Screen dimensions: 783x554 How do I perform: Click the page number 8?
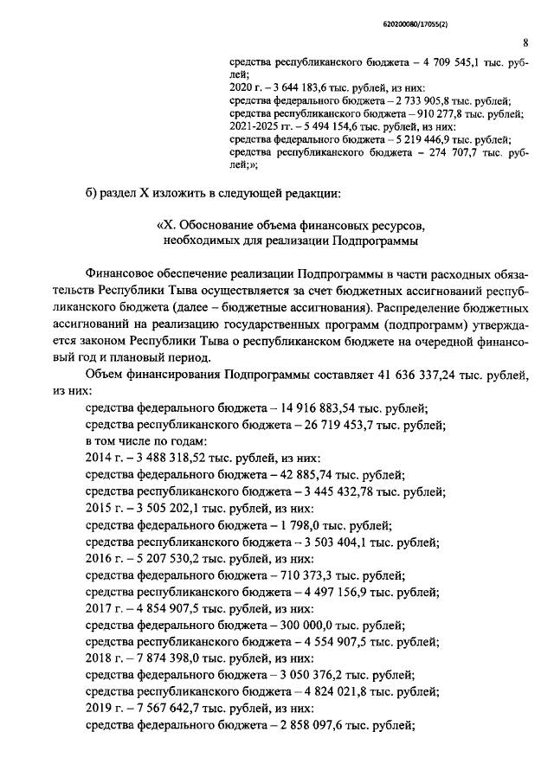(525, 41)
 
